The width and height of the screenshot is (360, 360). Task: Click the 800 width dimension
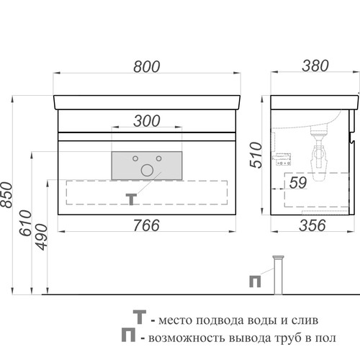[146, 66]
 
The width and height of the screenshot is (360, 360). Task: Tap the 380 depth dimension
[315, 66]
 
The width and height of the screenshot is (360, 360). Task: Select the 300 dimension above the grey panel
[147, 121]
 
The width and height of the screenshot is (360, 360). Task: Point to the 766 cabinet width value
[146, 225]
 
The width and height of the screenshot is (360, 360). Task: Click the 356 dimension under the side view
[312, 225]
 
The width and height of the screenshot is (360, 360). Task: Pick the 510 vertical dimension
[256, 155]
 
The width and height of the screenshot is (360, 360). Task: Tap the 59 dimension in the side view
[298, 183]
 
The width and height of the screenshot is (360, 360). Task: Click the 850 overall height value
[6, 195]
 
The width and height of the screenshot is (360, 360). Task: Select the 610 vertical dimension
[25, 223]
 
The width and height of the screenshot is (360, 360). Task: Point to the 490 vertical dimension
[42, 237]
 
